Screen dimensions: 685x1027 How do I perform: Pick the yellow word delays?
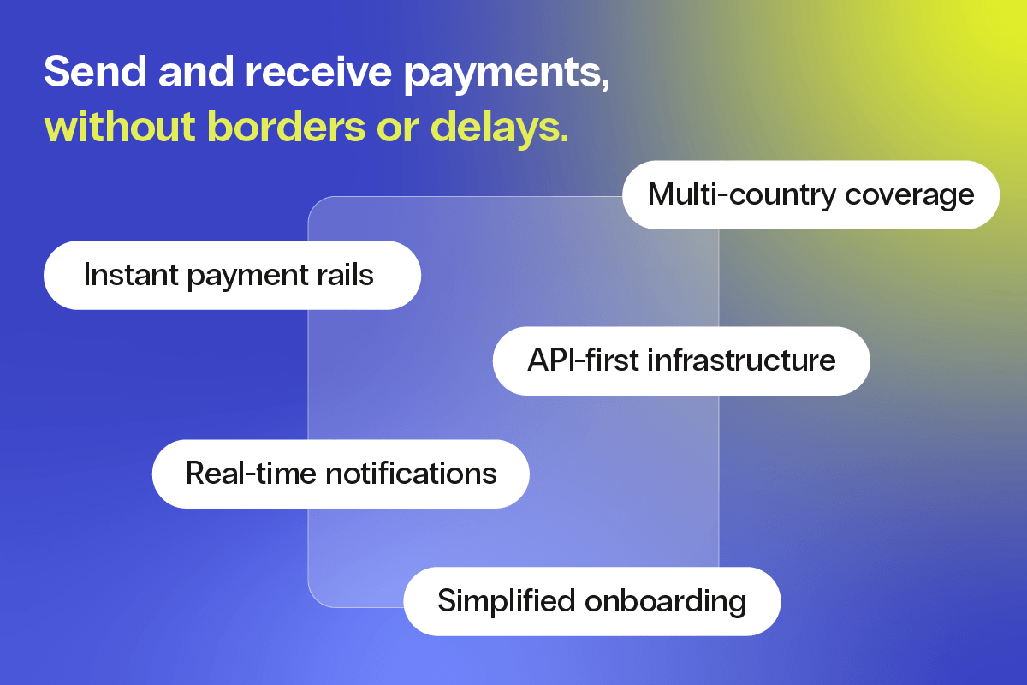(499, 127)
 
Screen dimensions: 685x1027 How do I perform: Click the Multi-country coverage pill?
(810, 194)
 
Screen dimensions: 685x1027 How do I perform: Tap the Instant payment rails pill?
(232, 275)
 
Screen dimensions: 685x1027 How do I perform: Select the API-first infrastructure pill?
(681, 360)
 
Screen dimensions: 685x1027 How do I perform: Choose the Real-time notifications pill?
(341, 474)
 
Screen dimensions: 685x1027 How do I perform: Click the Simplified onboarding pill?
(591, 601)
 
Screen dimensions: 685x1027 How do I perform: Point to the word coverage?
(910, 196)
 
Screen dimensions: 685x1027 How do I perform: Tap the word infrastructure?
(741, 360)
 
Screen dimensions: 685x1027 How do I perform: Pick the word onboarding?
(666, 602)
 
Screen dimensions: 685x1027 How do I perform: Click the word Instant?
(126, 275)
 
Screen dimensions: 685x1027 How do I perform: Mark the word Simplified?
(505, 602)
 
